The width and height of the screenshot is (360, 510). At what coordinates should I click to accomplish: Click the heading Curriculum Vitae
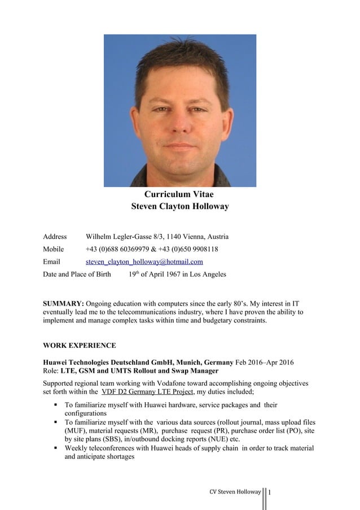(x=179, y=194)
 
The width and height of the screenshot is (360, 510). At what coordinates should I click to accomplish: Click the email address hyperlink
(x=144, y=262)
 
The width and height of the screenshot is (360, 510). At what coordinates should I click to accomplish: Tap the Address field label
(x=55, y=237)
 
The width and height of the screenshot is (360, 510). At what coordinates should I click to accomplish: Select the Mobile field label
(x=54, y=249)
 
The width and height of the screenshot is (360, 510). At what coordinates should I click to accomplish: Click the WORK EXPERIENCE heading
(x=80, y=345)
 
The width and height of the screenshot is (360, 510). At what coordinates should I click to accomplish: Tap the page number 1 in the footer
(x=270, y=492)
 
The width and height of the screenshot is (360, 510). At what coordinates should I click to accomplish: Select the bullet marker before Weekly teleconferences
(x=56, y=448)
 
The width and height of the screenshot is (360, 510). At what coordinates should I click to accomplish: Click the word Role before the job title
(x=51, y=370)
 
